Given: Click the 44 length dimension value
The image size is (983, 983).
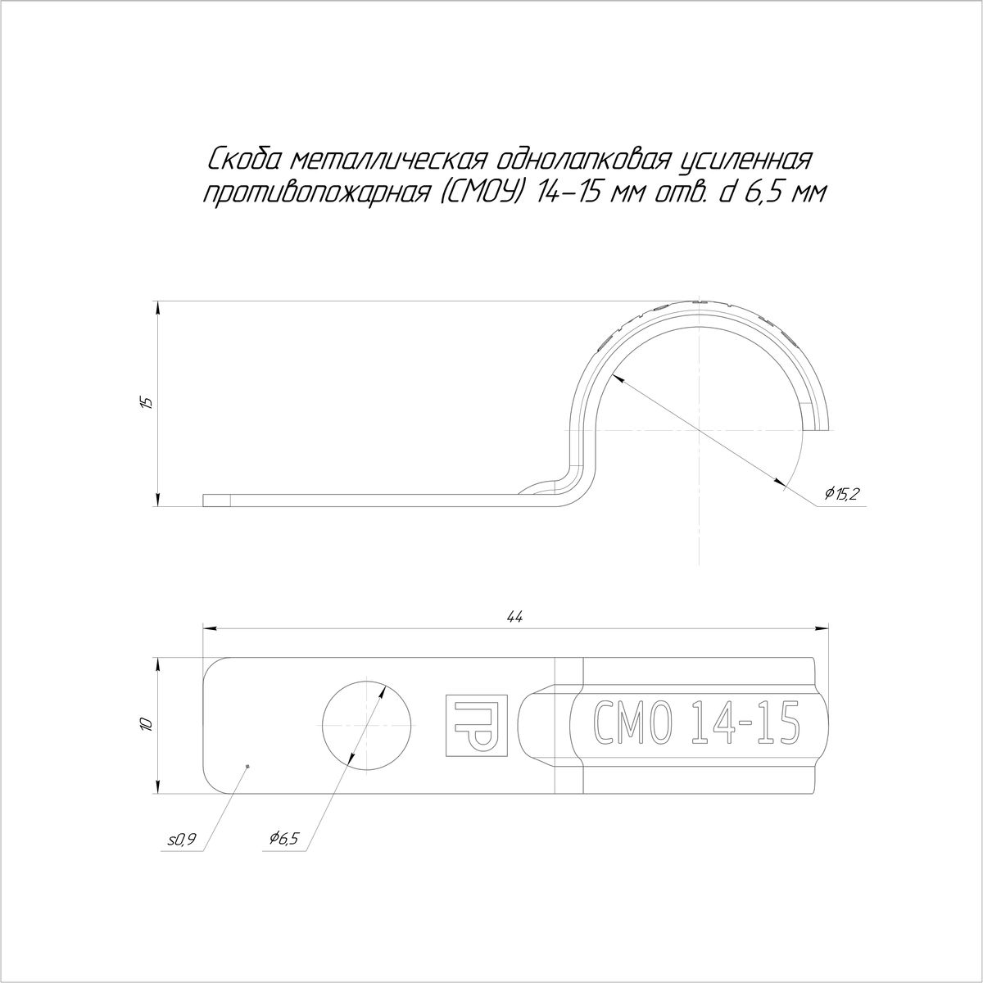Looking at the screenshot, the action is [515, 617].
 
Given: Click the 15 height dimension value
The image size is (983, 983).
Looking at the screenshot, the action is [147, 402].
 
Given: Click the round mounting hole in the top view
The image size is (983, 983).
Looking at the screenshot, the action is [367, 726].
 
